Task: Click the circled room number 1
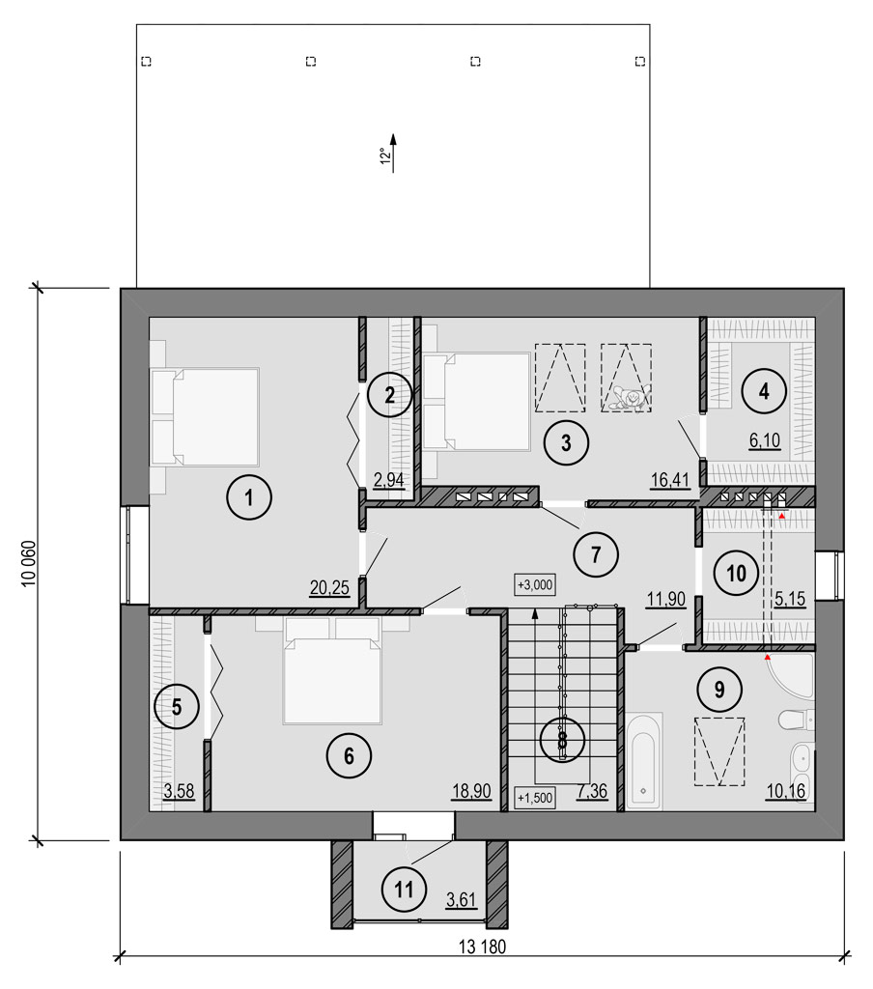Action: (249, 497)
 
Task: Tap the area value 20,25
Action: (329, 588)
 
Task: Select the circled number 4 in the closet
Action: (764, 391)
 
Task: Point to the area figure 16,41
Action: (670, 480)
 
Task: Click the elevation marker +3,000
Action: (535, 584)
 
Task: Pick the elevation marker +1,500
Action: (535, 798)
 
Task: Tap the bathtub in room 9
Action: (644, 761)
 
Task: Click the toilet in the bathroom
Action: (797, 719)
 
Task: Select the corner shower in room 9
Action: (790, 675)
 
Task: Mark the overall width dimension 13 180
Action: (482, 947)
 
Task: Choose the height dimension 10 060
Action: (28, 564)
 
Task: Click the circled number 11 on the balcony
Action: (405, 890)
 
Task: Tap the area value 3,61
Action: (461, 900)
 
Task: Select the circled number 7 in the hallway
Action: (596, 554)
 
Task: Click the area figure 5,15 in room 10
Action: (790, 598)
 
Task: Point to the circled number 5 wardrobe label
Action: (177, 706)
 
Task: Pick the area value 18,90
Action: (471, 791)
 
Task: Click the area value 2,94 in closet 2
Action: (388, 480)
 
